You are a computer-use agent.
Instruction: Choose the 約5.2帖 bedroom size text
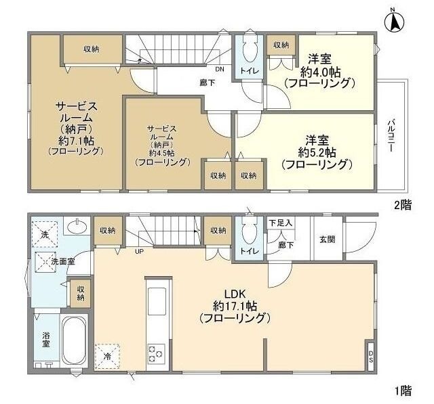tap(317, 152)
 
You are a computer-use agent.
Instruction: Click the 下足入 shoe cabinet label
tap(280, 223)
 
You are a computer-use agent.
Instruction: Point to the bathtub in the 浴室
tap(71, 341)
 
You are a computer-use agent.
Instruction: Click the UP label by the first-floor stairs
tap(139, 252)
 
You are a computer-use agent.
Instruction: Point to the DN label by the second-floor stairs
tap(220, 69)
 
